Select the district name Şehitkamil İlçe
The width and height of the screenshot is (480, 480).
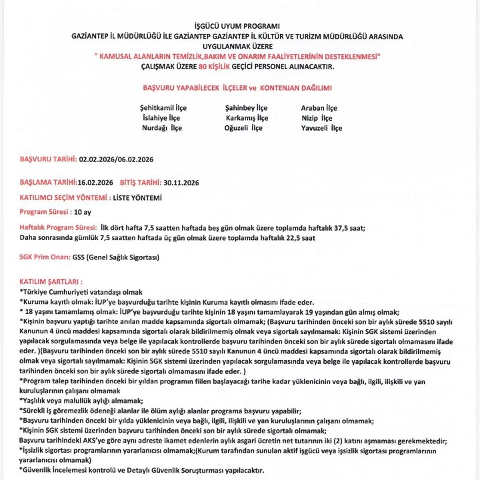[163, 107]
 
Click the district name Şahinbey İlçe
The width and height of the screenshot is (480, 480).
[247, 107]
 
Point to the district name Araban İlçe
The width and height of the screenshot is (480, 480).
[319, 107]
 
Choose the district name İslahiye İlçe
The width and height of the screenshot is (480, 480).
[161, 117]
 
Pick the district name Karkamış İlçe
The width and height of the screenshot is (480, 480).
[247, 117]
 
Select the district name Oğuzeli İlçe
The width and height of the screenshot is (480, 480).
[244, 127]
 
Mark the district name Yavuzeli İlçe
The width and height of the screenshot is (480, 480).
[321, 127]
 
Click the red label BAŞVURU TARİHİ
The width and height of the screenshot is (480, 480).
[48, 159]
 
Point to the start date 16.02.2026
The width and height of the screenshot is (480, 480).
[96, 181]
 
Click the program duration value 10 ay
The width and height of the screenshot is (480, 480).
[83, 211]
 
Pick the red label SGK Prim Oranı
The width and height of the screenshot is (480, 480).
[45, 257]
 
